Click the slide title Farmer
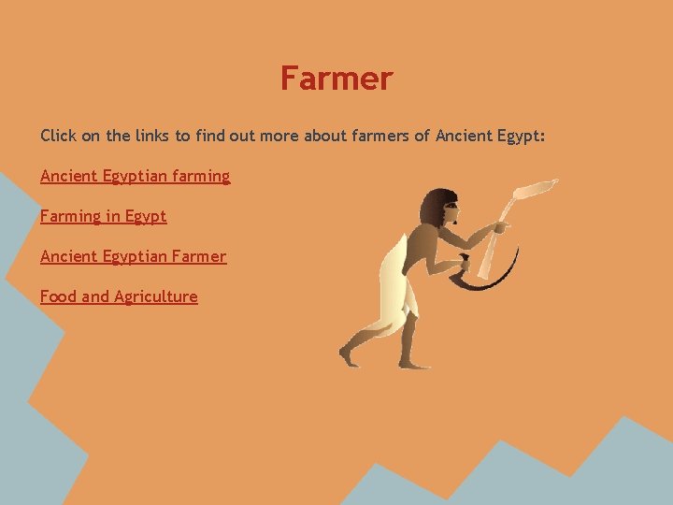click(x=336, y=79)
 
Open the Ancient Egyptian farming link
click(x=135, y=176)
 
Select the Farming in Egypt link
click(x=103, y=216)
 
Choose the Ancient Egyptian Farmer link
click(x=133, y=256)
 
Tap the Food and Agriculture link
click(x=119, y=296)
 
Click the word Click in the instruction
click(x=58, y=136)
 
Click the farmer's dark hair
click(x=435, y=207)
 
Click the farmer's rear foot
click(x=349, y=356)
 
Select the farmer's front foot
click(x=411, y=363)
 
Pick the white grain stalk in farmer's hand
click(x=523, y=196)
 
